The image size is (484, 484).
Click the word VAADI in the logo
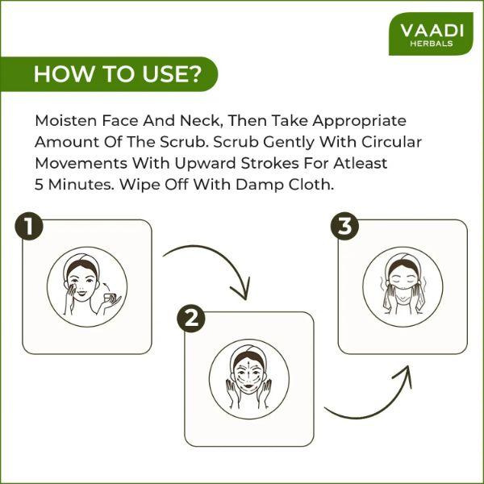432,31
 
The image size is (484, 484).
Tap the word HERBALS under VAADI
432,44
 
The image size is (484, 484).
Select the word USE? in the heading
171,74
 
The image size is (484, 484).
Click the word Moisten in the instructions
66,120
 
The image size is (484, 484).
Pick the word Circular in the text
392,142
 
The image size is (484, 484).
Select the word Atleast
361,163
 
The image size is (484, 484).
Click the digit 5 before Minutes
39,185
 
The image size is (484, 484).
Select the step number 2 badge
191,319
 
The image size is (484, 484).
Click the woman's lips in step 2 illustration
248,386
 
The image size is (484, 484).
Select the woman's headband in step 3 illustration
403,261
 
